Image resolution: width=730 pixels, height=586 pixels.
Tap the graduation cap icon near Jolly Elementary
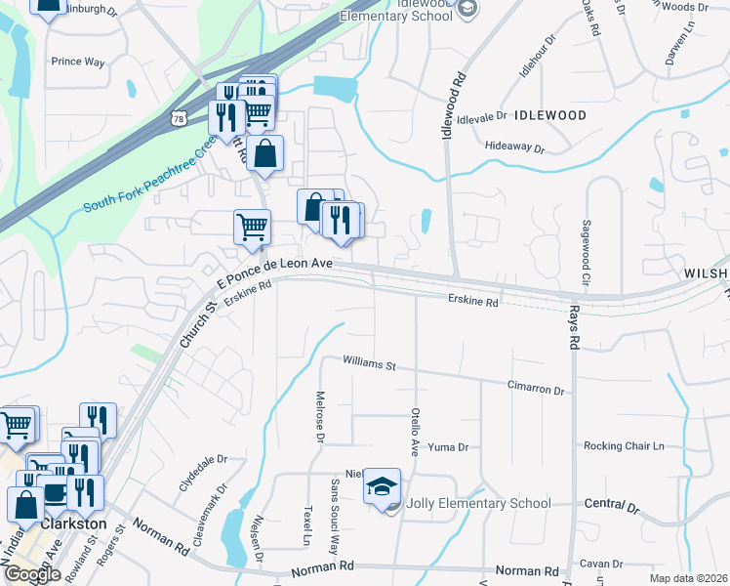click(382, 485)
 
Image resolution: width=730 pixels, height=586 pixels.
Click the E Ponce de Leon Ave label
click(274, 267)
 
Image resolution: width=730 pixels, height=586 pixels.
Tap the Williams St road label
click(369, 365)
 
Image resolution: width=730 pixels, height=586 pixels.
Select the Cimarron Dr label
click(536, 390)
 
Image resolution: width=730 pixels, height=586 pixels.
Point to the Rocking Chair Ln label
click(623, 446)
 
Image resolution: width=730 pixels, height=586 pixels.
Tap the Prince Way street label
click(78, 62)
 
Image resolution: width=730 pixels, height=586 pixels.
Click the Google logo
click(32, 574)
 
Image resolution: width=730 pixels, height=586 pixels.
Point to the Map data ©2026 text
click(688, 578)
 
